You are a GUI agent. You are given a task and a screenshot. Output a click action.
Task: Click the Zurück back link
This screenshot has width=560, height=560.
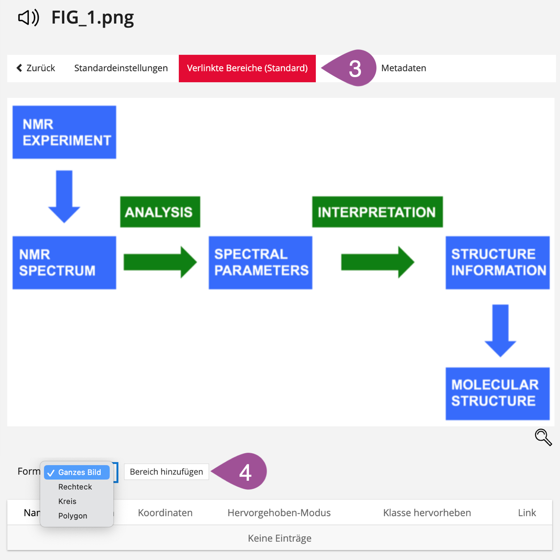(36, 68)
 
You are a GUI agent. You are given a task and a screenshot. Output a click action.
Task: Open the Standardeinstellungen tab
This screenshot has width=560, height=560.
(121, 68)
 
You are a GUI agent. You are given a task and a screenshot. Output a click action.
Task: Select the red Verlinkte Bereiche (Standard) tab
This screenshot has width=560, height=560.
(247, 68)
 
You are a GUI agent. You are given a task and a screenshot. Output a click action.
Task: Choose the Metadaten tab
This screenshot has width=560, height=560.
(404, 68)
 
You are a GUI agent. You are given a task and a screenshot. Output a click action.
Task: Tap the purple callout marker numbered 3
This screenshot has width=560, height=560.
(353, 68)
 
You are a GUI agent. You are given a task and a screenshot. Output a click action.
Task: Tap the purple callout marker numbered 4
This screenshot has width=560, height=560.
(244, 472)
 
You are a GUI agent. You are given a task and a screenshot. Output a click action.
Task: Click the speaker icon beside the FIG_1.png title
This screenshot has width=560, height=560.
(28, 18)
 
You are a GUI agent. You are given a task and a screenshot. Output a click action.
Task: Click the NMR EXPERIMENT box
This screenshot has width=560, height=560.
(64, 132)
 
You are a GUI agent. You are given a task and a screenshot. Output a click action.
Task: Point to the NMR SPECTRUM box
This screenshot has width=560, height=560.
(64, 262)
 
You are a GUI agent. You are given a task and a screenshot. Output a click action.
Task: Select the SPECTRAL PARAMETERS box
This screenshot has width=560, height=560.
(261, 262)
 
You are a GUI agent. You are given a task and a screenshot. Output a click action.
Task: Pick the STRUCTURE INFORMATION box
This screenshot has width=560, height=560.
(498, 262)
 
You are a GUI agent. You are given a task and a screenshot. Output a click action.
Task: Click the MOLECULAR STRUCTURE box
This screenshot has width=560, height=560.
(498, 393)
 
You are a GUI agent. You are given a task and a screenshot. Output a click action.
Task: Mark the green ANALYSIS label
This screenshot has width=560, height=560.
(160, 212)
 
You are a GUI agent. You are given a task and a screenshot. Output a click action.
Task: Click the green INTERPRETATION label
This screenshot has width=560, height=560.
(377, 212)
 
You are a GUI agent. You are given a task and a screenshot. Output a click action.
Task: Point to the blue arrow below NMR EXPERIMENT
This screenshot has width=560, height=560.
(64, 196)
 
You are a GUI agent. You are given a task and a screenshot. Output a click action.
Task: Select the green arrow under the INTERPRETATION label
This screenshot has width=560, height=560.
(377, 262)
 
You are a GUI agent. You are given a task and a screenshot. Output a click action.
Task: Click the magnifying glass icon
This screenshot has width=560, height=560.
(543, 437)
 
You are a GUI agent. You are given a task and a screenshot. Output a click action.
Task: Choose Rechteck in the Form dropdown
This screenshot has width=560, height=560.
(75, 487)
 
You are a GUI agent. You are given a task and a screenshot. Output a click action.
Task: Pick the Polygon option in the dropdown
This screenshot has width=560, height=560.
(73, 516)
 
